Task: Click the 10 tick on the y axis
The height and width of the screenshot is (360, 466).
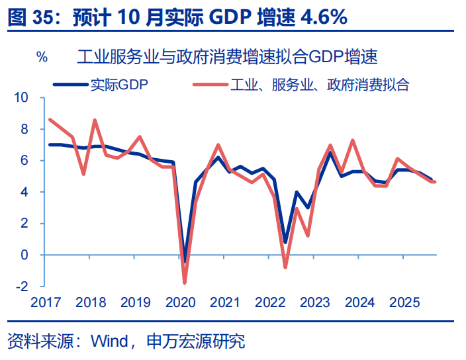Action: pos(21,97)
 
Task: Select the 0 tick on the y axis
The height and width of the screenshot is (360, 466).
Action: pos(24,255)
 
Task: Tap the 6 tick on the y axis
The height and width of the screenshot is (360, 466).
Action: pos(24,160)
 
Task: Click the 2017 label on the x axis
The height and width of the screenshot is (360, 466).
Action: pos(46,302)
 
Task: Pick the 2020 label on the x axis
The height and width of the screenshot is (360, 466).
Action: pos(180,302)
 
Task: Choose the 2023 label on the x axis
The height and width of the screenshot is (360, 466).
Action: pos(315,302)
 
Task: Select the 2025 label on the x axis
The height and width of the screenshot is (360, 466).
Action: pos(404,302)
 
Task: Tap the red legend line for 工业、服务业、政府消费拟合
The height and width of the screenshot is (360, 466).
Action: pos(210,84)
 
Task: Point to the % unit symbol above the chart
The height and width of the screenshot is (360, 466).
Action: pos(42,57)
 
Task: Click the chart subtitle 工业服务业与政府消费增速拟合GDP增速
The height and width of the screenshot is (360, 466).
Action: pos(227,57)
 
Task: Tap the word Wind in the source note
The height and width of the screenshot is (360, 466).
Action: pos(109,341)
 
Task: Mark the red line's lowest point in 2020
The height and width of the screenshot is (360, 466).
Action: pos(185,283)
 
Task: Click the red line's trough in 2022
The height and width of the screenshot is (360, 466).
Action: pos(285,267)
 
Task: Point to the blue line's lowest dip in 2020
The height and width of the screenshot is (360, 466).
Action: pos(185,262)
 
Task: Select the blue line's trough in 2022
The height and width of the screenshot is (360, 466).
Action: pos(285,242)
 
